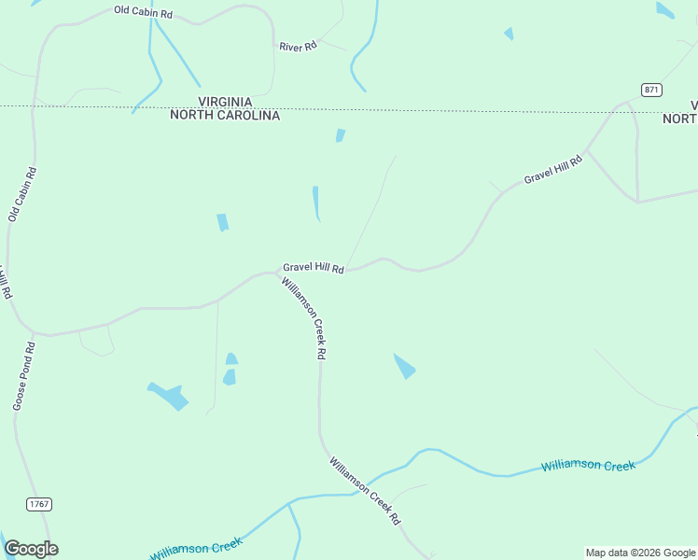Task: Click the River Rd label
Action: [298, 46]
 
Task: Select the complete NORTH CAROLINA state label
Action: [224, 116]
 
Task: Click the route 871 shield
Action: [651, 89]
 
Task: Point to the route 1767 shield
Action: [38, 504]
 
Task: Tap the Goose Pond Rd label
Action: [24, 376]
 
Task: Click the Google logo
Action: [31, 549]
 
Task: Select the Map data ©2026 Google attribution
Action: [640, 553]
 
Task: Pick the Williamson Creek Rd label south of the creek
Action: [364, 490]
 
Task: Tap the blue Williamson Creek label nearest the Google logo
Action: [197, 549]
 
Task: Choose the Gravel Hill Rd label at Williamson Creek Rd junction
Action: [314, 268]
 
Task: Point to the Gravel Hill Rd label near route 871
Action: [552, 169]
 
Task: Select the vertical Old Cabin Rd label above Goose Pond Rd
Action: [22, 194]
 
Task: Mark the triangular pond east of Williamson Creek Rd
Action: [405, 366]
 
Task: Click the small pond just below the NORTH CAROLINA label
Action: [341, 135]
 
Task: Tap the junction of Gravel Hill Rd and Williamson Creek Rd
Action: [281, 273]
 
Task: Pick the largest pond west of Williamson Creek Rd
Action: [170, 396]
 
